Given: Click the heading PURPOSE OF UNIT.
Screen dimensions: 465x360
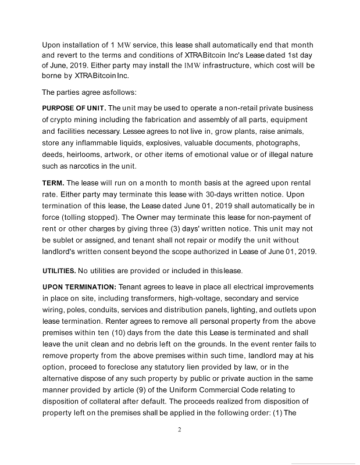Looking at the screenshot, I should coord(74,108).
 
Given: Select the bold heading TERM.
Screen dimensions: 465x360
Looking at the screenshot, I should coord(54,183).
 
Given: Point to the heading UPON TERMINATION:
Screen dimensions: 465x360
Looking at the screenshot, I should coord(80,287).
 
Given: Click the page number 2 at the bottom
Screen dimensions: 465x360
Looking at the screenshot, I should coord(180,430).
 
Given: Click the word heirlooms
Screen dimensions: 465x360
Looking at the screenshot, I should coord(88,155).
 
